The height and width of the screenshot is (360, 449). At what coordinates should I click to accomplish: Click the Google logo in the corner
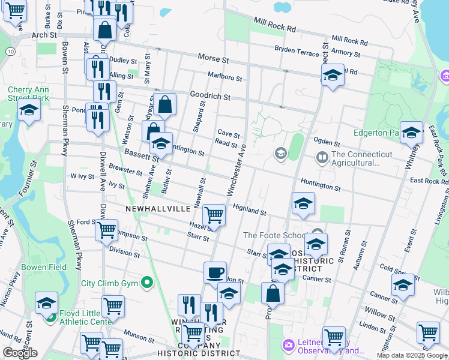click(20, 353)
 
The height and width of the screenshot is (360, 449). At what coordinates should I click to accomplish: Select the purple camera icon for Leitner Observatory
click(289, 344)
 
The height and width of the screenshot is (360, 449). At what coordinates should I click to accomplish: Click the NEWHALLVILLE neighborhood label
click(158, 208)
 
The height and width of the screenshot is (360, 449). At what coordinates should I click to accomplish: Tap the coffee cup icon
click(215, 273)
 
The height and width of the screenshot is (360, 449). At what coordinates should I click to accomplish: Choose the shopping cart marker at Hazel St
click(214, 215)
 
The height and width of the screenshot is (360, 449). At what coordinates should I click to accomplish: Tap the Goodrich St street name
click(210, 96)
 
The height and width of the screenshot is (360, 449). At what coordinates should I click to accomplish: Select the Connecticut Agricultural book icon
click(322, 158)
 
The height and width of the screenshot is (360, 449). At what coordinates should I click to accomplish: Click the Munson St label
click(140, 332)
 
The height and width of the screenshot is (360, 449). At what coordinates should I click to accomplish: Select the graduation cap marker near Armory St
click(332, 76)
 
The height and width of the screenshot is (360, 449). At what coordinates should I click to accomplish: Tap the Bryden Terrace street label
click(297, 51)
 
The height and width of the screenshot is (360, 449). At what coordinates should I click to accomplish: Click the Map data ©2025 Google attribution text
click(412, 355)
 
